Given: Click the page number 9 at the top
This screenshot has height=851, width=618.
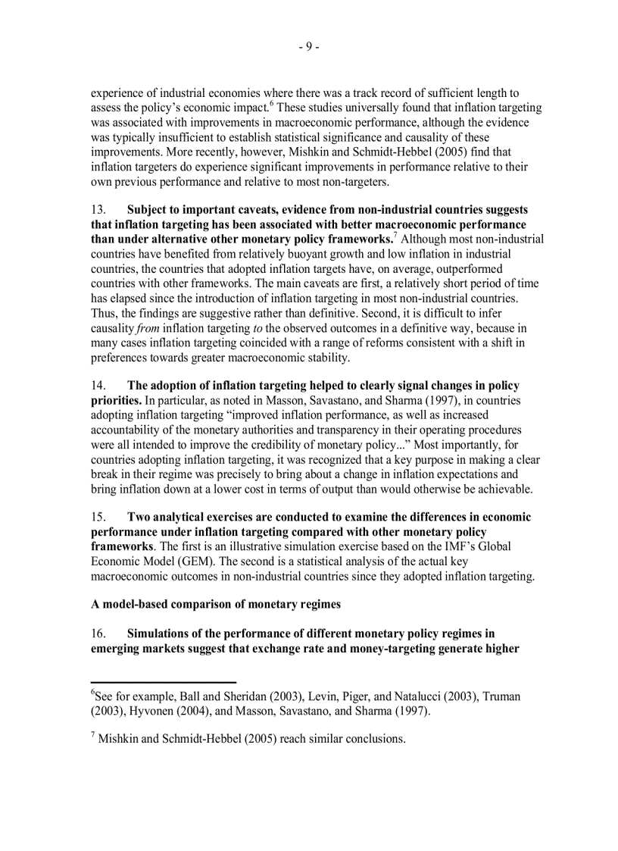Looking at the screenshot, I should click(x=308, y=47).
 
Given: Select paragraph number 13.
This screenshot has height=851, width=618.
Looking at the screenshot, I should click(x=98, y=210).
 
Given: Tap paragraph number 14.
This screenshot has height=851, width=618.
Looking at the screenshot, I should click(x=98, y=386).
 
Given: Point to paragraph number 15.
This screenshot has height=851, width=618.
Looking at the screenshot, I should click(x=98, y=518).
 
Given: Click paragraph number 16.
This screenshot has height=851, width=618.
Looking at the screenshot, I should click(x=98, y=634).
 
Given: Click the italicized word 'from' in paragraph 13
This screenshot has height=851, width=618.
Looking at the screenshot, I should click(x=148, y=328).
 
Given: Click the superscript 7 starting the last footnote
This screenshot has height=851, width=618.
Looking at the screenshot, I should click(x=93, y=736).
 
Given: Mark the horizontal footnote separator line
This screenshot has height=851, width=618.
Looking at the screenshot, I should click(x=164, y=682).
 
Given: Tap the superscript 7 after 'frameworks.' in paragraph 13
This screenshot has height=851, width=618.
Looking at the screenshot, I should click(x=395, y=236).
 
